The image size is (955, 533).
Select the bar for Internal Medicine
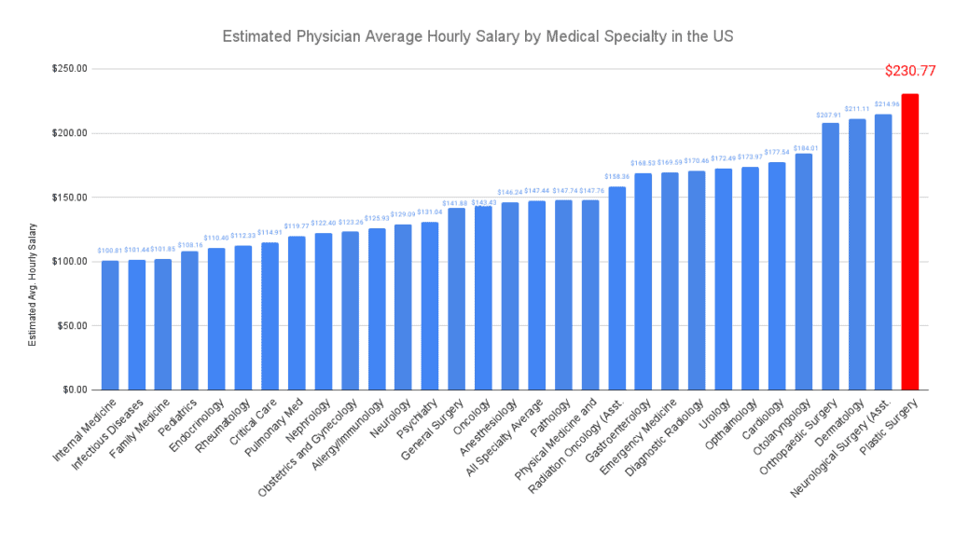point(110,325)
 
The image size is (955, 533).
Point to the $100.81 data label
point(110,251)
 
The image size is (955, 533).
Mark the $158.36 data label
point(616,176)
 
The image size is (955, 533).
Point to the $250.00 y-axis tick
point(70,69)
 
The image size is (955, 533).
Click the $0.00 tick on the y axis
point(75,389)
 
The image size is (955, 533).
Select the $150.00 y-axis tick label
point(70,198)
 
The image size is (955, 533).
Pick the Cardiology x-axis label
point(767,418)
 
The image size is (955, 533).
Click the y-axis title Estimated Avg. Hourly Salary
point(33,284)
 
